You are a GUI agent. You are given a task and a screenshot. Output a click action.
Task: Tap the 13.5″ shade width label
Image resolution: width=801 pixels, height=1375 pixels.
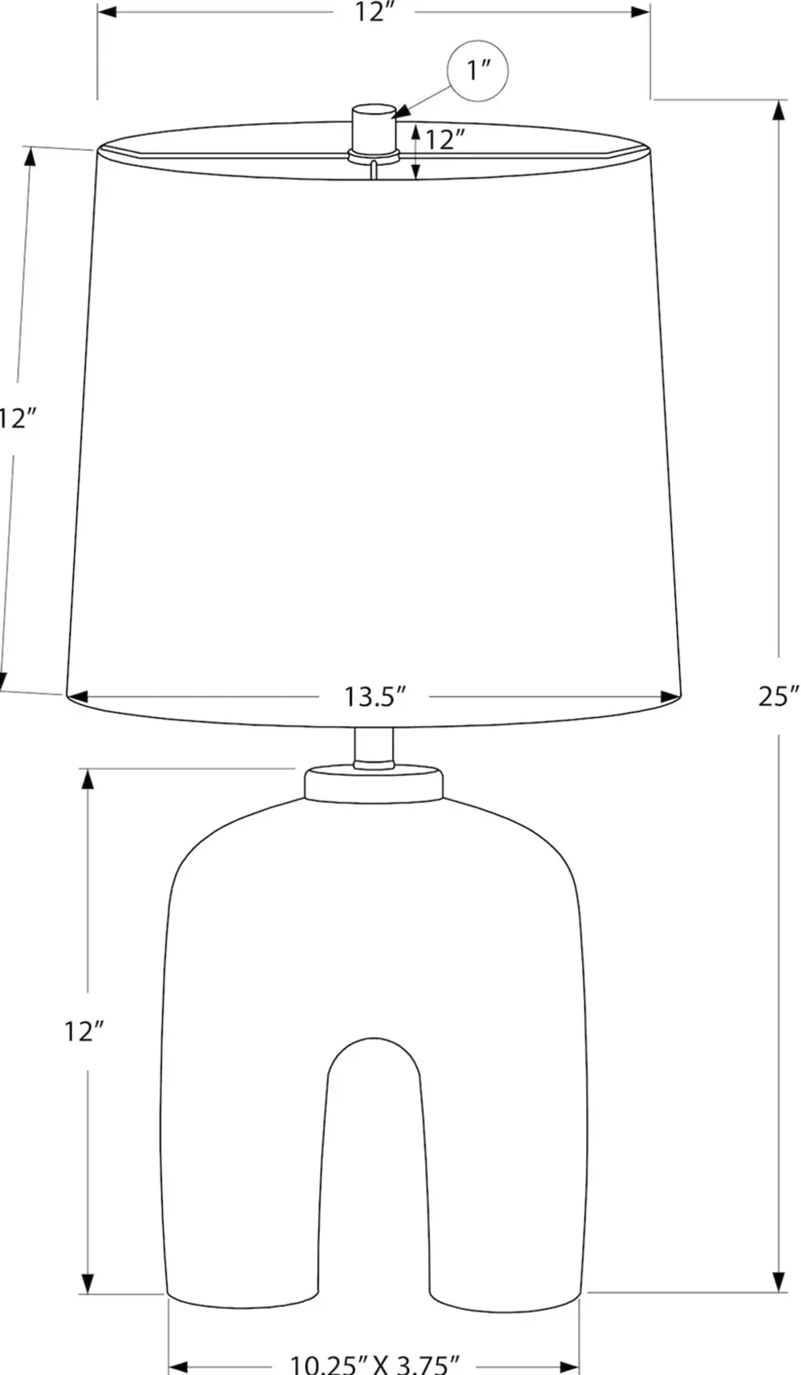point(374,697)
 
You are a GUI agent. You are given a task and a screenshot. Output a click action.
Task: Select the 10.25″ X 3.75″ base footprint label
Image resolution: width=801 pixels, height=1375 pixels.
point(374,1364)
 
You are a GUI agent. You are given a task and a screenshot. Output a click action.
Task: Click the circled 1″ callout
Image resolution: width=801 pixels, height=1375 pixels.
point(477,70)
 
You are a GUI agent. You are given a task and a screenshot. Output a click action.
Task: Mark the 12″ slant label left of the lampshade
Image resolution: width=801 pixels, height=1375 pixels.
point(17,419)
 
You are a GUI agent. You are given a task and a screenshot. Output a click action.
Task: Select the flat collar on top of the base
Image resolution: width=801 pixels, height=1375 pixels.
point(374,784)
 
